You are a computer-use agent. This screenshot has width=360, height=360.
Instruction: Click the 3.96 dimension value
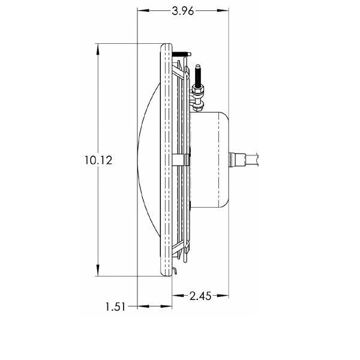pos(183,11)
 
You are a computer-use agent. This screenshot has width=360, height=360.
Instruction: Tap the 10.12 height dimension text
pos(98,160)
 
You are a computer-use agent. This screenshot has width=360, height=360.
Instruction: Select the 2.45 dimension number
pos(200,296)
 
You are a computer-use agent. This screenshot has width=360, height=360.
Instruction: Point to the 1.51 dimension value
pos(115,307)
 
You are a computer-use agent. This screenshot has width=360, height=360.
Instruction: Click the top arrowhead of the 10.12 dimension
pos(98,49)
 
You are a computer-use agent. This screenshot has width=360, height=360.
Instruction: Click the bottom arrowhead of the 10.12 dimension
pos(98,270)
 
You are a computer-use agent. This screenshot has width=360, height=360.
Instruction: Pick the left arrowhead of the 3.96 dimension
pos(143,10)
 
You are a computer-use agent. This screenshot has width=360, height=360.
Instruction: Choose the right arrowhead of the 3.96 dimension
pos(223,10)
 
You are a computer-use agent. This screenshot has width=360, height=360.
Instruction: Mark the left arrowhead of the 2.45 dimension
pos(178,295)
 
